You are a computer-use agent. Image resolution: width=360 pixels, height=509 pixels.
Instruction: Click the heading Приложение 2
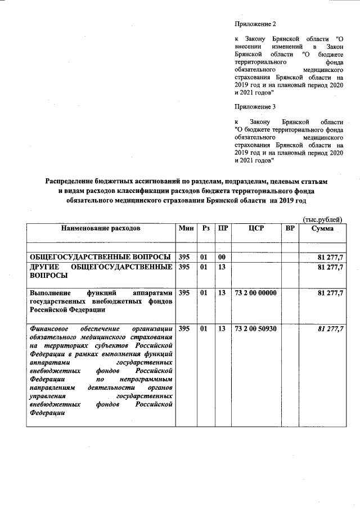click(256, 24)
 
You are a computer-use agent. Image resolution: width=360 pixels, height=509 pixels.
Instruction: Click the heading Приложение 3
click(256, 106)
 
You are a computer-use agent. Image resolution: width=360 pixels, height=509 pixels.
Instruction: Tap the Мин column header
click(186, 228)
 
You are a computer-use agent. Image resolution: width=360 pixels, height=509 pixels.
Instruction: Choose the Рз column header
click(206, 228)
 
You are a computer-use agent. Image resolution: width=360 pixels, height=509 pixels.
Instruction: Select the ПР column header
click(223, 228)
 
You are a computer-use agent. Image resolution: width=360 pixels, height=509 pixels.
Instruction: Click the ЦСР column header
click(256, 228)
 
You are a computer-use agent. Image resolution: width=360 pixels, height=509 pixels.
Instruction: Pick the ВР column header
click(290, 228)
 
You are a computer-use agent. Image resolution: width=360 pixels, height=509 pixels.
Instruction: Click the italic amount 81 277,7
click(331, 328)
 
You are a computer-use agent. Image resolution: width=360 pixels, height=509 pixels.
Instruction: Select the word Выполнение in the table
click(52, 293)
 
